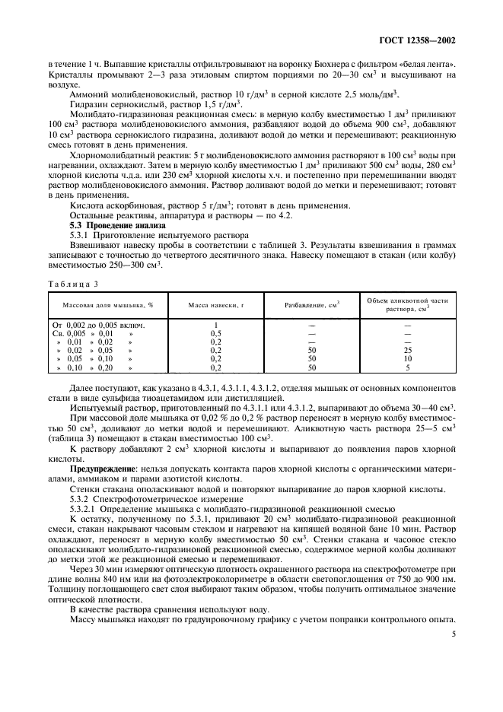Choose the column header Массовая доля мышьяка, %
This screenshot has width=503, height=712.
pos(103,304)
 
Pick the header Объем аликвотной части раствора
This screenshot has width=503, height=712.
pos(407,304)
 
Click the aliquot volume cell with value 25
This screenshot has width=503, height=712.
pos(407,349)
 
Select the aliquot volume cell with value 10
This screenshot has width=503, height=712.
pos(407,358)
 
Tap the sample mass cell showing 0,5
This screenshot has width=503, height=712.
pos(215,333)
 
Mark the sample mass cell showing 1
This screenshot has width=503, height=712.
pos(215,325)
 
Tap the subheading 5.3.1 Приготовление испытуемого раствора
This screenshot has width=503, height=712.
pos(147,235)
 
